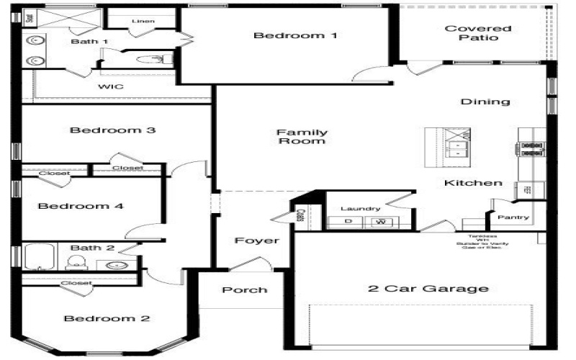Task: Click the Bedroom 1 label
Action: pyautogui.click(x=296, y=35)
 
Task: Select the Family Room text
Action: pyautogui.click(x=302, y=137)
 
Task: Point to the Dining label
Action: pyautogui.click(x=485, y=102)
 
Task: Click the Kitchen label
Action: pyautogui.click(x=473, y=183)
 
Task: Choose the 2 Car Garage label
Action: pyautogui.click(x=428, y=289)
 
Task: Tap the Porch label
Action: pyautogui.click(x=244, y=290)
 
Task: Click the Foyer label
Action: pyautogui.click(x=256, y=240)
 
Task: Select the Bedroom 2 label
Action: pyautogui.click(x=107, y=318)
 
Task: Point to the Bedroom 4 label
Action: pyautogui.click(x=81, y=206)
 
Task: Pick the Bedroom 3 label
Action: pyautogui.click(x=113, y=130)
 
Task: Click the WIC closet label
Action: pyautogui.click(x=111, y=86)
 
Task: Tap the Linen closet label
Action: pyautogui.click(x=143, y=21)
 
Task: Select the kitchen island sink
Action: pyautogui.click(x=457, y=148)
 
